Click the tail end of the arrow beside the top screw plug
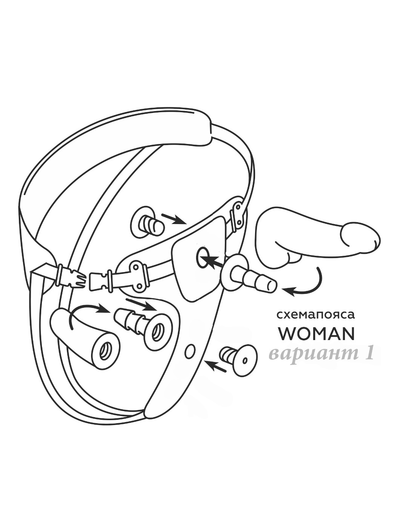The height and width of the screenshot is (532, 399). tap(162, 214)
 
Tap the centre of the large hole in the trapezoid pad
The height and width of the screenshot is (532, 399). tap(203, 258)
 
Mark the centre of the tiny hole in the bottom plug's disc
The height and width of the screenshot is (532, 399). tap(245, 361)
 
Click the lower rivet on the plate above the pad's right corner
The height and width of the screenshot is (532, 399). tap(240, 221)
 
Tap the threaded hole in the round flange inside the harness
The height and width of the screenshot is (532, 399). tap(158, 330)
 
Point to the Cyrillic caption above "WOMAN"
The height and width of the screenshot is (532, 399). tap(316, 315)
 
